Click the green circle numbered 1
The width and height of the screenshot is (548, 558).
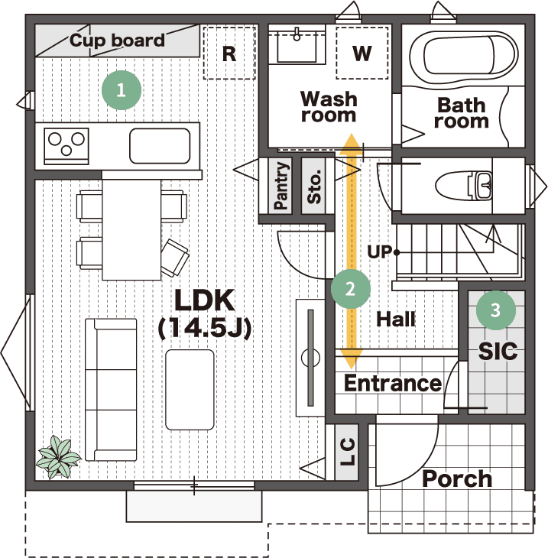(122, 90)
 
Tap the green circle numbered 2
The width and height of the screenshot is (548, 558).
(351, 289)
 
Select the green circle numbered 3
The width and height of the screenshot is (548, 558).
(496, 310)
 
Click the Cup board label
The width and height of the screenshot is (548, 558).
(117, 41)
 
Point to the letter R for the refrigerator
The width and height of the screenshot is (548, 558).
(229, 54)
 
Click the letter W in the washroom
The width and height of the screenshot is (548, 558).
(362, 53)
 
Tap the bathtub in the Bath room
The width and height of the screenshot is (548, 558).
(463, 56)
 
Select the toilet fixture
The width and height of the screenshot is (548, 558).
(464, 185)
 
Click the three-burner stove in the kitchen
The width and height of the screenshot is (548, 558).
(66, 146)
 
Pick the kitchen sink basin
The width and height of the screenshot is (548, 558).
(160, 146)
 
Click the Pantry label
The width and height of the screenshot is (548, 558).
(280, 186)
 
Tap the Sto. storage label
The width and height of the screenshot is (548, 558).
(314, 187)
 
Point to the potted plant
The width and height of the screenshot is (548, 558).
(59, 457)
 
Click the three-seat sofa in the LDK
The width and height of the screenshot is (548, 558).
(111, 390)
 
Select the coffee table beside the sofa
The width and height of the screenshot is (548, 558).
(190, 390)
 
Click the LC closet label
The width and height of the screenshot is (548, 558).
(347, 452)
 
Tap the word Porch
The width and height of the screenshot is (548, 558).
(457, 479)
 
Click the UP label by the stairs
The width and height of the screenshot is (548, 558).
(379, 252)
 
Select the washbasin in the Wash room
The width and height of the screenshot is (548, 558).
(297, 47)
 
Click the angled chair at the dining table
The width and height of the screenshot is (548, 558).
(174, 258)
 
